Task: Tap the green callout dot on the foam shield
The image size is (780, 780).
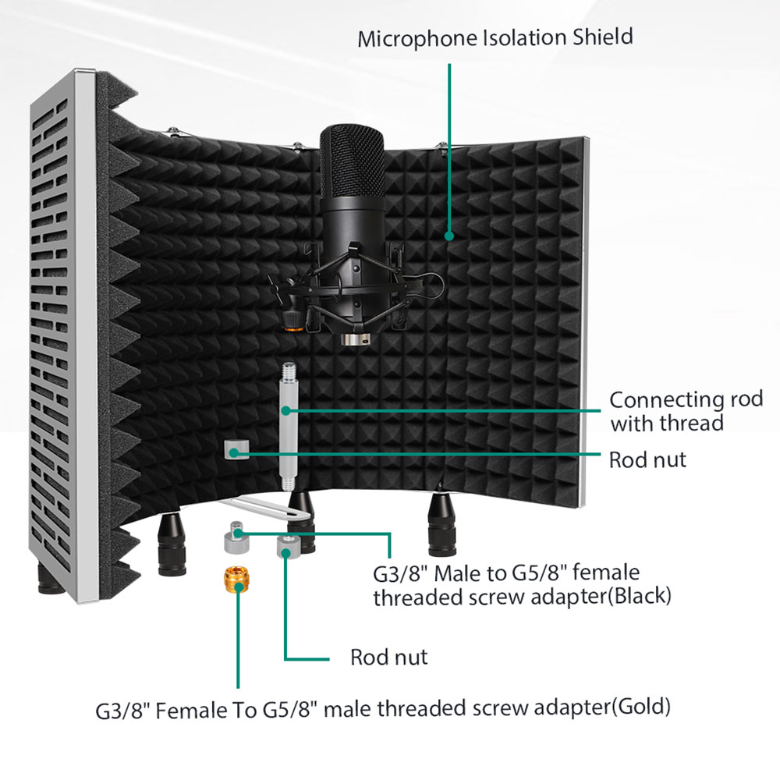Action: (449, 235)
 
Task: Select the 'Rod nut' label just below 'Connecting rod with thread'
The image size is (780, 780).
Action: (648, 459)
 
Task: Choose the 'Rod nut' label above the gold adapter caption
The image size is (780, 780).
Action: (389, 658)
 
